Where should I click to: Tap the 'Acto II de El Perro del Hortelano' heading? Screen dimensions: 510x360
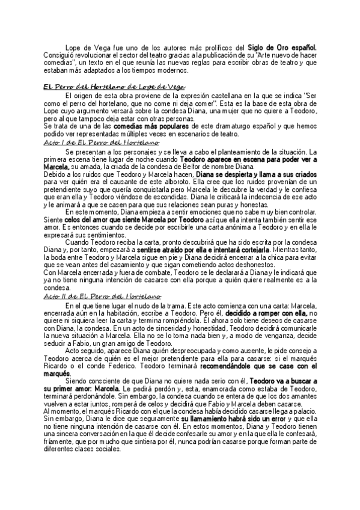[x=102, y=296]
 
